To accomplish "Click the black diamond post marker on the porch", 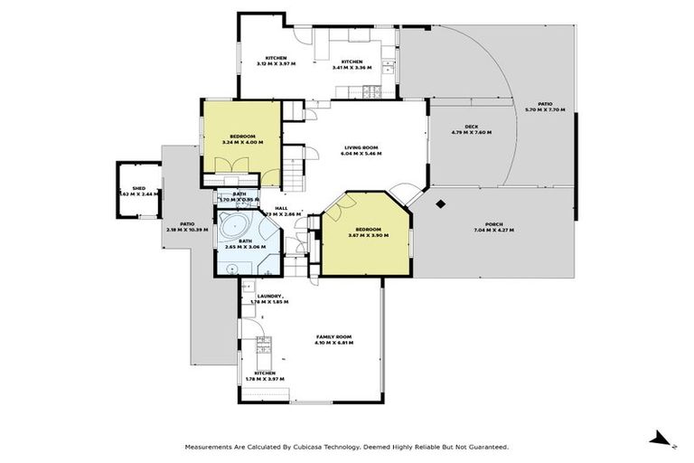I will coord(440,203).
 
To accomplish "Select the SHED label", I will coord(138,188).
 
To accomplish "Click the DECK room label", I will coord(471,127).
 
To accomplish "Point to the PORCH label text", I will coord(493,224).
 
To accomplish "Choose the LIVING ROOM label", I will coord(361,147).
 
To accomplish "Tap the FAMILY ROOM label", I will coord(333,336).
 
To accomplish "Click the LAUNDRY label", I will coord(269,296).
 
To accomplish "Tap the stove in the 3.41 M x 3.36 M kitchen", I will coord(370,90).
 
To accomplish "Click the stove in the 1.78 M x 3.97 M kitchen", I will coord(263,345).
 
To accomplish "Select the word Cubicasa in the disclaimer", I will coord(312,447).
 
